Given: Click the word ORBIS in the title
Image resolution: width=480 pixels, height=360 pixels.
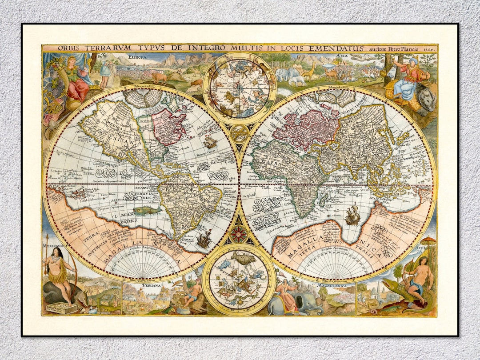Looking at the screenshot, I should coord(57,48).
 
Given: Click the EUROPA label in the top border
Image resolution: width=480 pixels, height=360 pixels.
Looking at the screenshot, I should coord(137,57).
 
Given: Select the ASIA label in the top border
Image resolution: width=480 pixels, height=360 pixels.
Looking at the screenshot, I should coord(342,56).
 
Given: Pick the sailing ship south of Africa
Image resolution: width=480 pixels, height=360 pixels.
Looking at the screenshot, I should coord(352,215).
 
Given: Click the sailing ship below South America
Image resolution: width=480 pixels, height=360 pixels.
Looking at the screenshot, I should coord(204,240).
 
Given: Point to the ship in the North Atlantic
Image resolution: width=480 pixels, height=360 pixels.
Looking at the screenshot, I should coord(210,142).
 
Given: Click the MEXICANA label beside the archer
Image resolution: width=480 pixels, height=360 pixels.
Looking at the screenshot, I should coord(54,245).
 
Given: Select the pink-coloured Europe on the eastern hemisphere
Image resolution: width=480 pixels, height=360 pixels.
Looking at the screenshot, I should coord(302,129).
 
